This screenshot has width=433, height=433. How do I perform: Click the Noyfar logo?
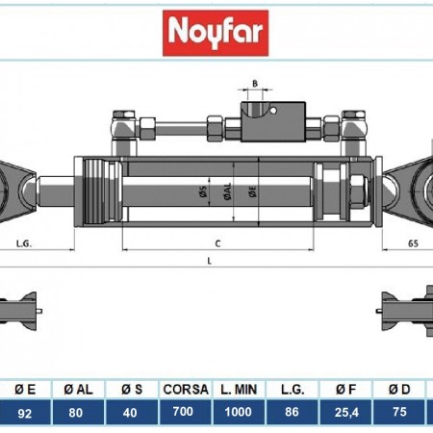pyautogui.click(x=216, y=32)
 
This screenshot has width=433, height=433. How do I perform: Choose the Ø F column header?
pyautogui.click(x=344, y=390)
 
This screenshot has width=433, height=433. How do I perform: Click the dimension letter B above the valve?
pyautogui.click(x=254, y=85)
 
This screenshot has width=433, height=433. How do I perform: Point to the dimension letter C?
pyautogui.click(x=218, y=243)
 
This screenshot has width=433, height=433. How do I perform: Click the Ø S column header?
pyautogui.click(x=132, y=390)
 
